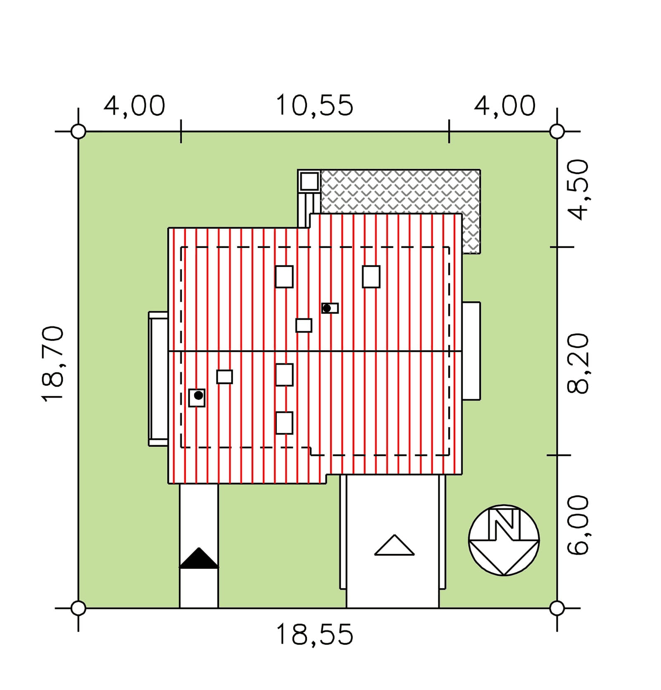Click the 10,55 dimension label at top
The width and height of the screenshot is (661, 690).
[314, 105]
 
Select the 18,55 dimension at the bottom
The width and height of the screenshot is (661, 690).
[314, 635]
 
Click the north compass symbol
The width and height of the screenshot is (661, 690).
[504, 540]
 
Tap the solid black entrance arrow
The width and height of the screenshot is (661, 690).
[199, 558]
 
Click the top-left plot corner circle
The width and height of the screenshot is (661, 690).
[78, 131]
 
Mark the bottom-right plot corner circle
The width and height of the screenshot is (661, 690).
[557, 608]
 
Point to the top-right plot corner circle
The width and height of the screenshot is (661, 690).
[557, 131]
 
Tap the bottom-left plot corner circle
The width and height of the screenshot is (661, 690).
[78, 608]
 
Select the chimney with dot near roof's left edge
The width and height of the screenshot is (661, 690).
[197, 398]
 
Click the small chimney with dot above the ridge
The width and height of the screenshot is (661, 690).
[330, 308]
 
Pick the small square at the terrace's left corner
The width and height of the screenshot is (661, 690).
[309, 181]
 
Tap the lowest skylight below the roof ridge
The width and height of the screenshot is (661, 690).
[284, 423]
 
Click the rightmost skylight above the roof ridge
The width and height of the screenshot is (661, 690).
[371, 277]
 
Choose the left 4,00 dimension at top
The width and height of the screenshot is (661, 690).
[134, 105]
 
